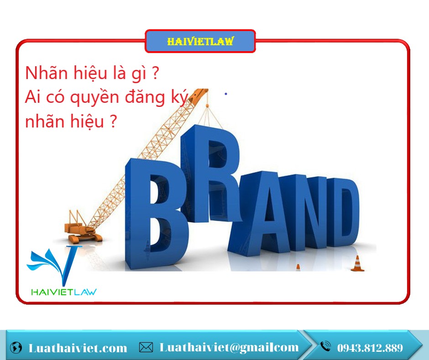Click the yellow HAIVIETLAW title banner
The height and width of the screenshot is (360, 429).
click(200, 41)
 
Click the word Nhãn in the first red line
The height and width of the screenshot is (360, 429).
click(46, 73)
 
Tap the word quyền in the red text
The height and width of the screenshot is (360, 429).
click(94, 98)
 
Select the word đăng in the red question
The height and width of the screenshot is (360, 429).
click(145, 98)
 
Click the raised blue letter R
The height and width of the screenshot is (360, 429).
click(211, 174)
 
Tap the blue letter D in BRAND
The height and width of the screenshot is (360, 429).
click(343, 212)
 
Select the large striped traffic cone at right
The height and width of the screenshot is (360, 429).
click(357, 264)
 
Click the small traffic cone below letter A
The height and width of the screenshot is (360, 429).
click(298, 268)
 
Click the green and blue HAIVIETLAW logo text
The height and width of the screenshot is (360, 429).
click(64, 292)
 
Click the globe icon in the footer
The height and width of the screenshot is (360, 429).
click(16, 347)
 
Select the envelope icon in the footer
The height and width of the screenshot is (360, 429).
click(146, 347)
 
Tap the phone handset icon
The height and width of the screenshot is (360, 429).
click(325, 346)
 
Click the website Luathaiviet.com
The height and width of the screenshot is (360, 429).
click(78, 348)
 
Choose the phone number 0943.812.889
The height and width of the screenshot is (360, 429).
click(370, 348)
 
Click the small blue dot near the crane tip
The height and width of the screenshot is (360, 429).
click(226, 94)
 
